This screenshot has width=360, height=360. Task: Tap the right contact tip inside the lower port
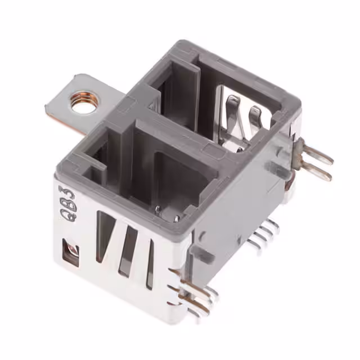click(176, 217)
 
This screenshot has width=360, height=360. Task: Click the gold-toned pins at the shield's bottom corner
click(194, 295)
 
